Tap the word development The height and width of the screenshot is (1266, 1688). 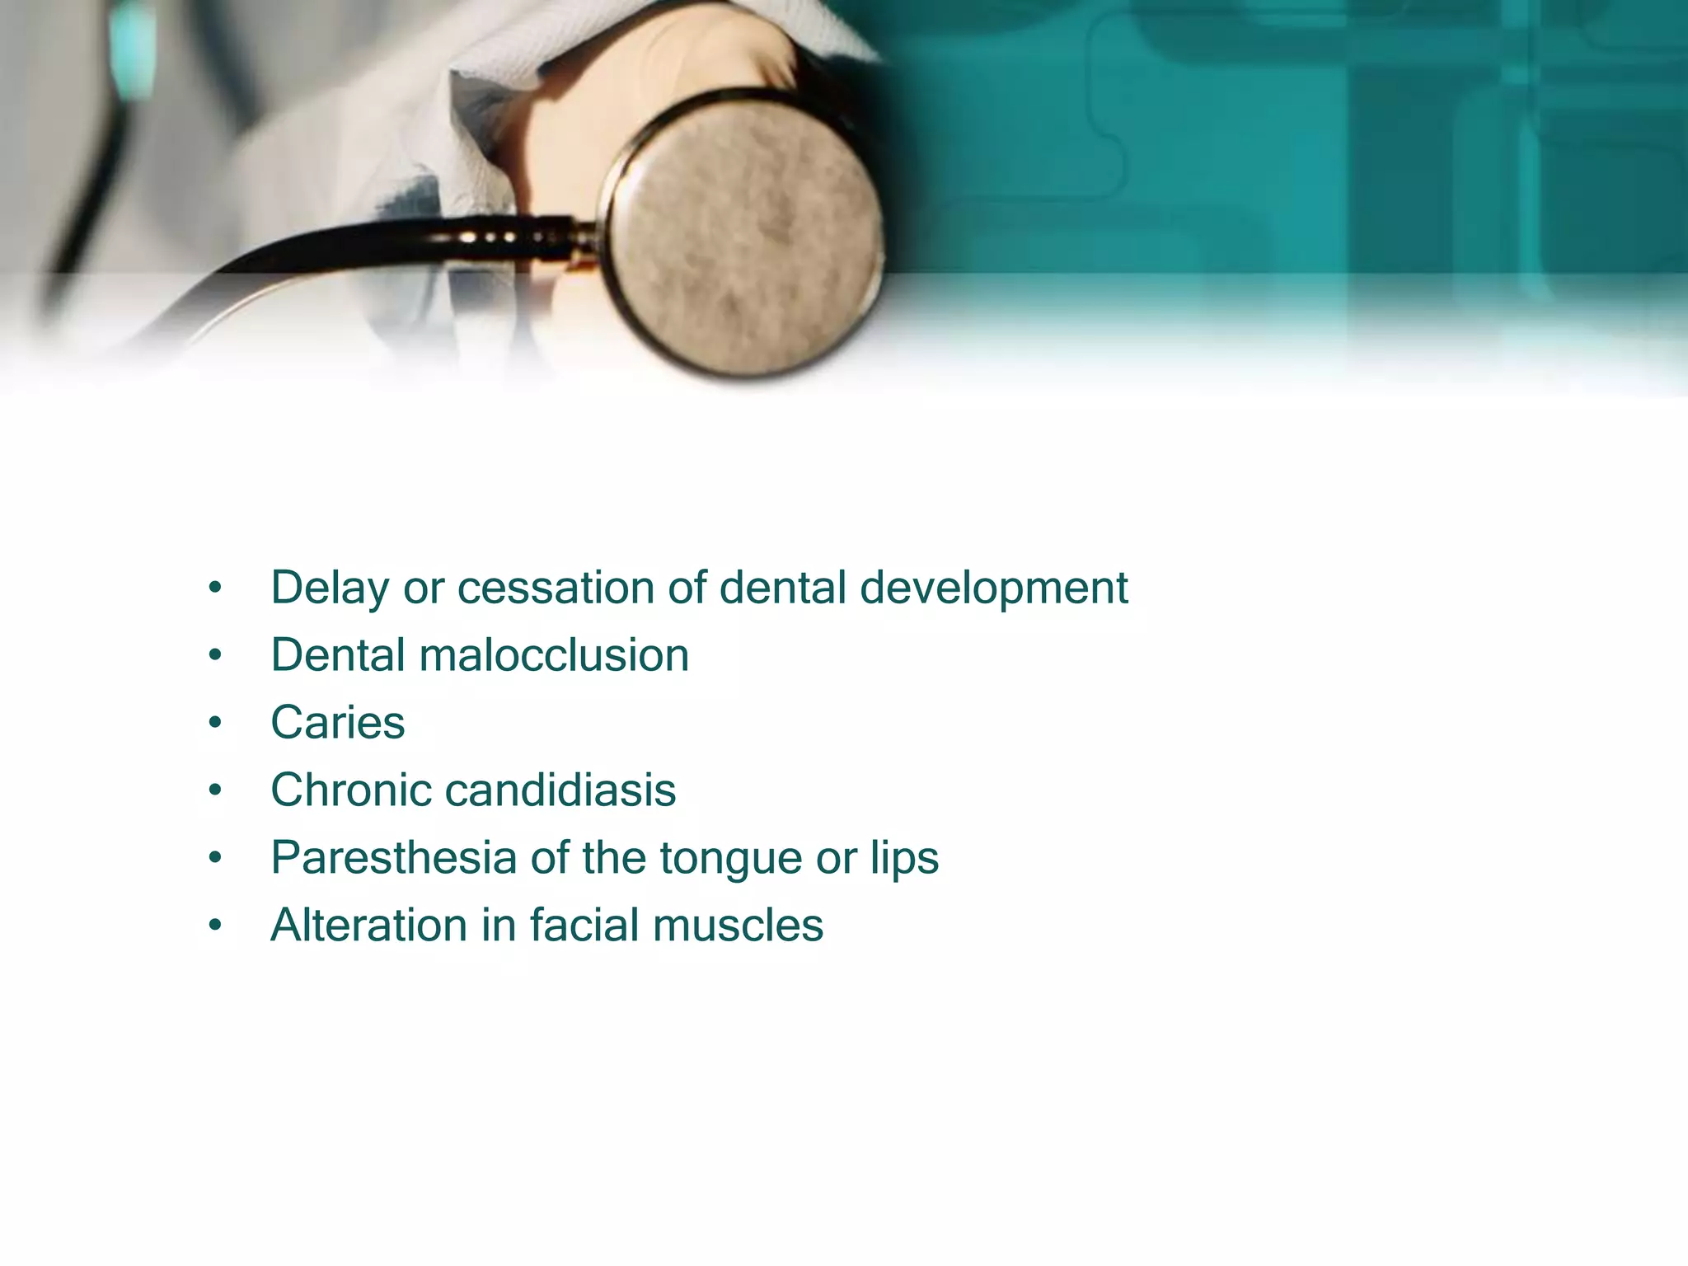click(x=993, y=588)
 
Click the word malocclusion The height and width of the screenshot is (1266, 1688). click(x=554, y=656)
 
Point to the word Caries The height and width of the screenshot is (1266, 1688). click(x=338, y=724)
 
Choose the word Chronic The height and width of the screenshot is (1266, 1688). click(x=351, y=790)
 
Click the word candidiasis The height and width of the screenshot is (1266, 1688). click(x=560, y=790)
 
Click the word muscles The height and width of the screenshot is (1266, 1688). click(x=738, y=926)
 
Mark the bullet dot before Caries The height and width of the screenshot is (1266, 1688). click(x=215, y=724)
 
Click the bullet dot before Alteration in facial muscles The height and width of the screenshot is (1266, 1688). click(x=215, y=926)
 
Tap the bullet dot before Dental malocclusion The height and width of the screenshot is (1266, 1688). click(x=215, y=656)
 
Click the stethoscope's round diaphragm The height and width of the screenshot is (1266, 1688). click(x=746, y=235)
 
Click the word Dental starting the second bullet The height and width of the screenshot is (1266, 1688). click(x=338, y=656)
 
